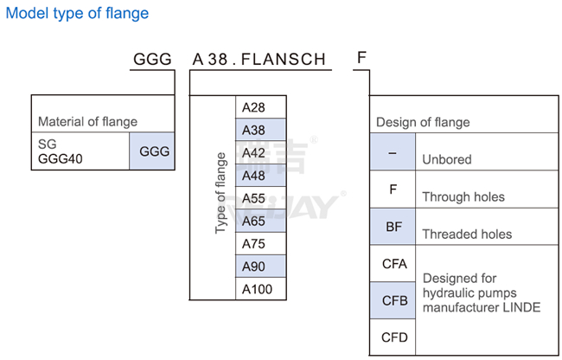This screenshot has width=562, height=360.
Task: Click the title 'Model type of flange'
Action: pyautogui.click(x=78, y=14)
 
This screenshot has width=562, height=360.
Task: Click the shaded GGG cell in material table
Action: pyautogui.click(x=154, y=151)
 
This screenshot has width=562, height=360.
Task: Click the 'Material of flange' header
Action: pyautogui.click(x=87, y=122)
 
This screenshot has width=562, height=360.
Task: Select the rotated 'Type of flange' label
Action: pyautogui.click(x=220, y=193)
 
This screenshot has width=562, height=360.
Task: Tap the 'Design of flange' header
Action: pyautogui.click(x=423, y=122)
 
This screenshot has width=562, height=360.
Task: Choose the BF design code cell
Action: pyautogui.click(x=393, y=227)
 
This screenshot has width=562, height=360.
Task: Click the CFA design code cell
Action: pyautogui.click(x=393, y=264)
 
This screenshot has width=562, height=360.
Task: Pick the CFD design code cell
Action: pyautogui.click(x=393, y=337)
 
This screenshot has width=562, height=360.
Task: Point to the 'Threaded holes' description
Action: pyautogui.click(x=467, y=234)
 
